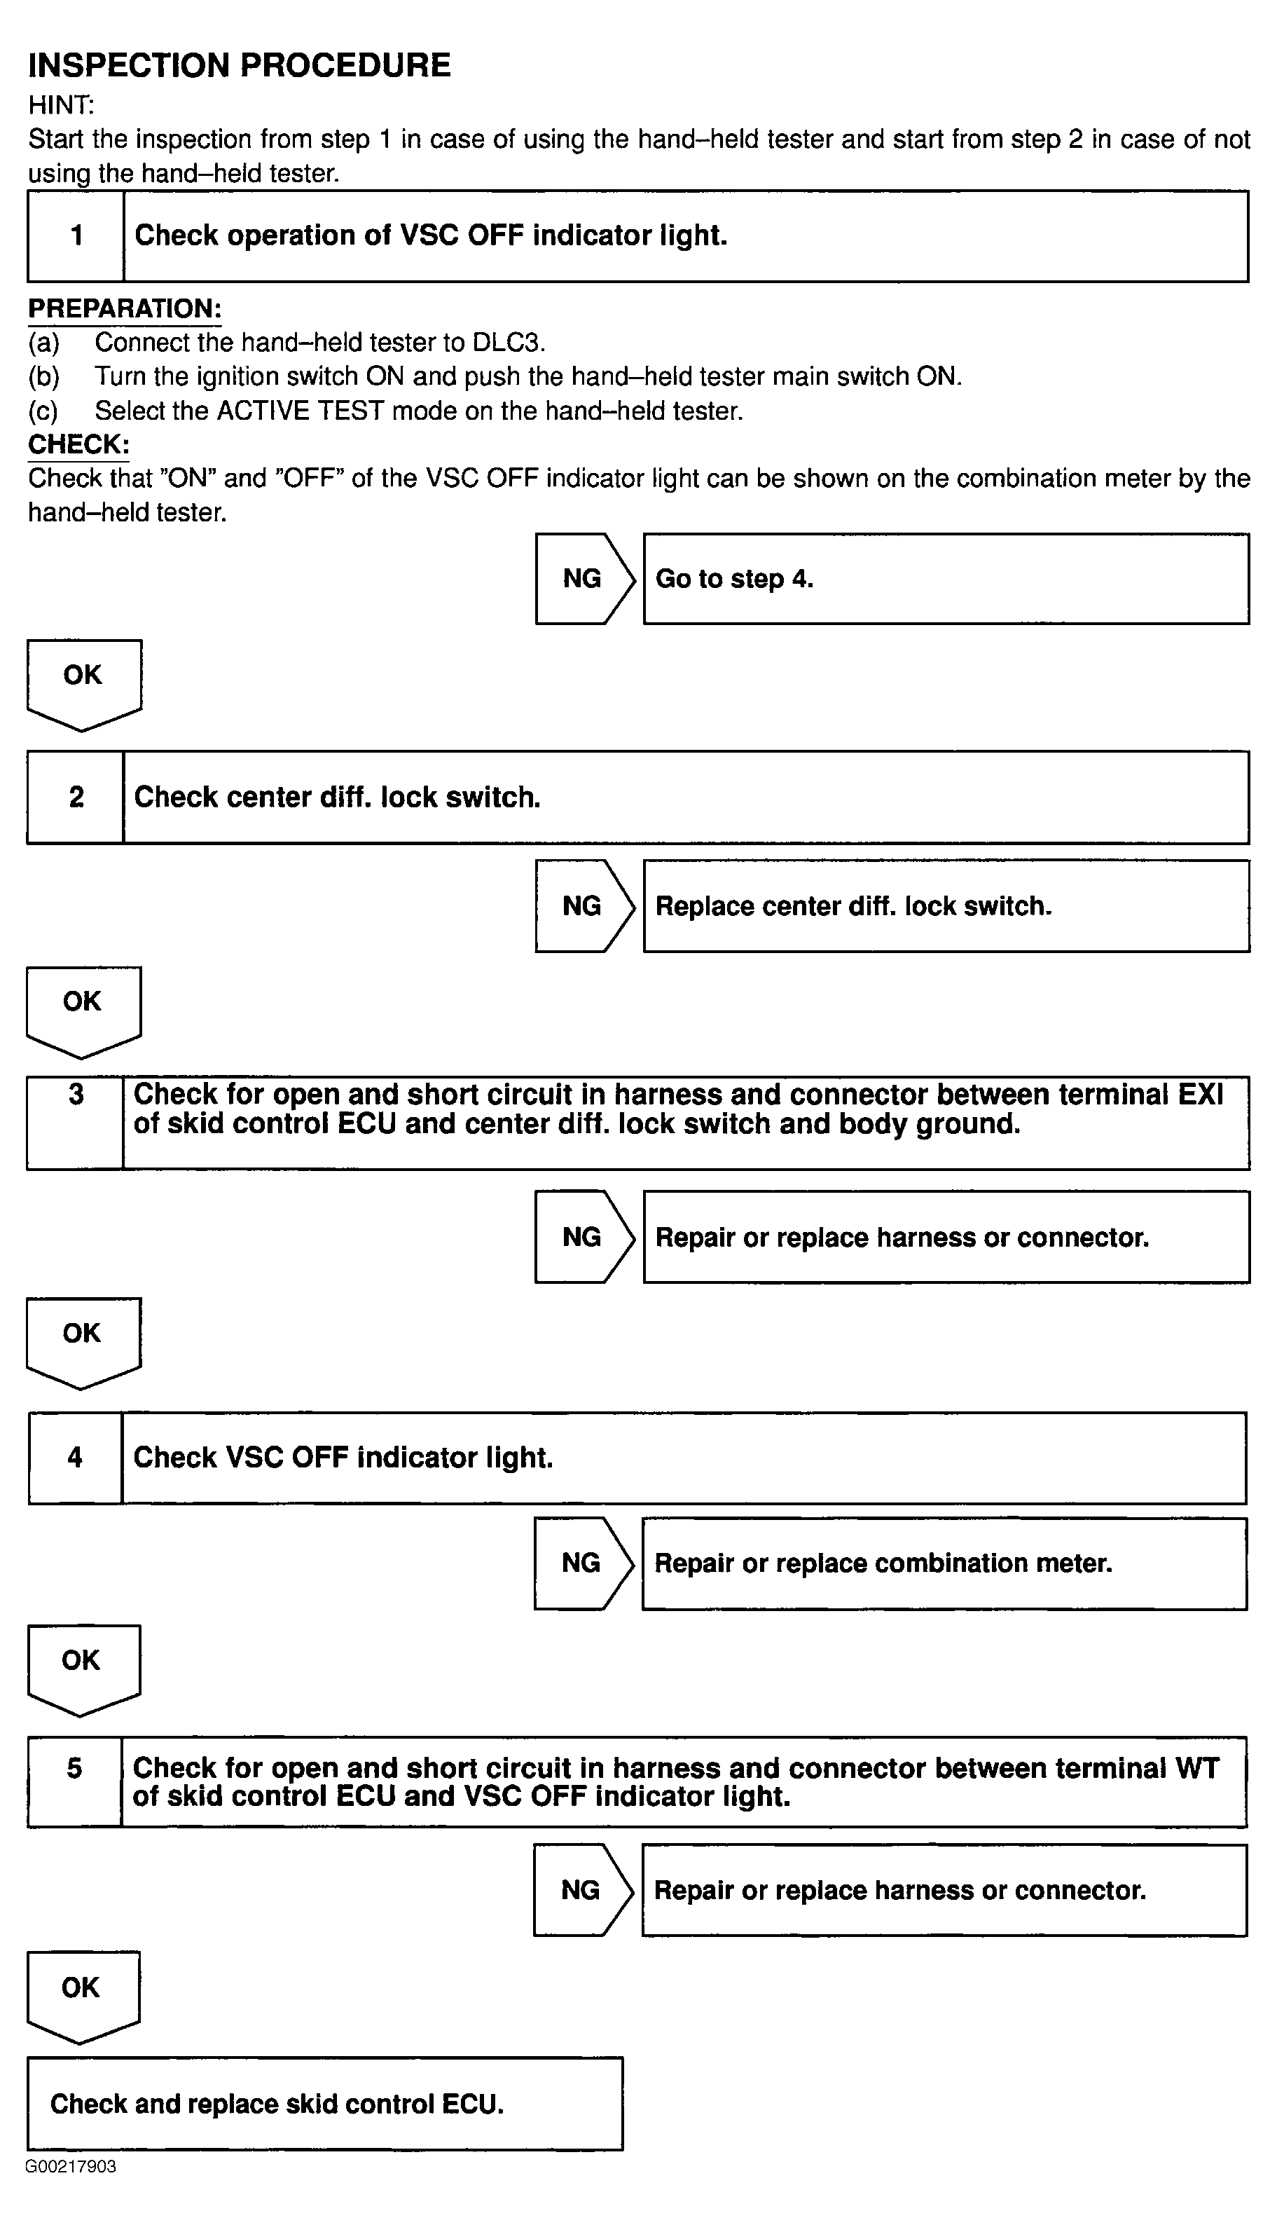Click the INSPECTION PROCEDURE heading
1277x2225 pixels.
tap(240, 66)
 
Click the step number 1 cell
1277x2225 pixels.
tap(76, 236)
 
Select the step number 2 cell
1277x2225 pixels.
tap(76, 797)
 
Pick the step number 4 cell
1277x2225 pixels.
tap(76, 1458)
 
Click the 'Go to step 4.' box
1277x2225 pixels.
tap(946, 579)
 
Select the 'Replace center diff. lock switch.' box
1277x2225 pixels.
tap(946, 906)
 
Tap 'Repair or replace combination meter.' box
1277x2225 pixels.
tap(944, 1563)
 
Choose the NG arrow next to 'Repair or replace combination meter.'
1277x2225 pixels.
tap(582, 1563)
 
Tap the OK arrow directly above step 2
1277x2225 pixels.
tap(83, 683)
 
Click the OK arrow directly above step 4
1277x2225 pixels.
tap(83, 1341)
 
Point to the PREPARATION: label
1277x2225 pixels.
tap(125, 309)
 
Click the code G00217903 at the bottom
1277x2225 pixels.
tap(71, 2167)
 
